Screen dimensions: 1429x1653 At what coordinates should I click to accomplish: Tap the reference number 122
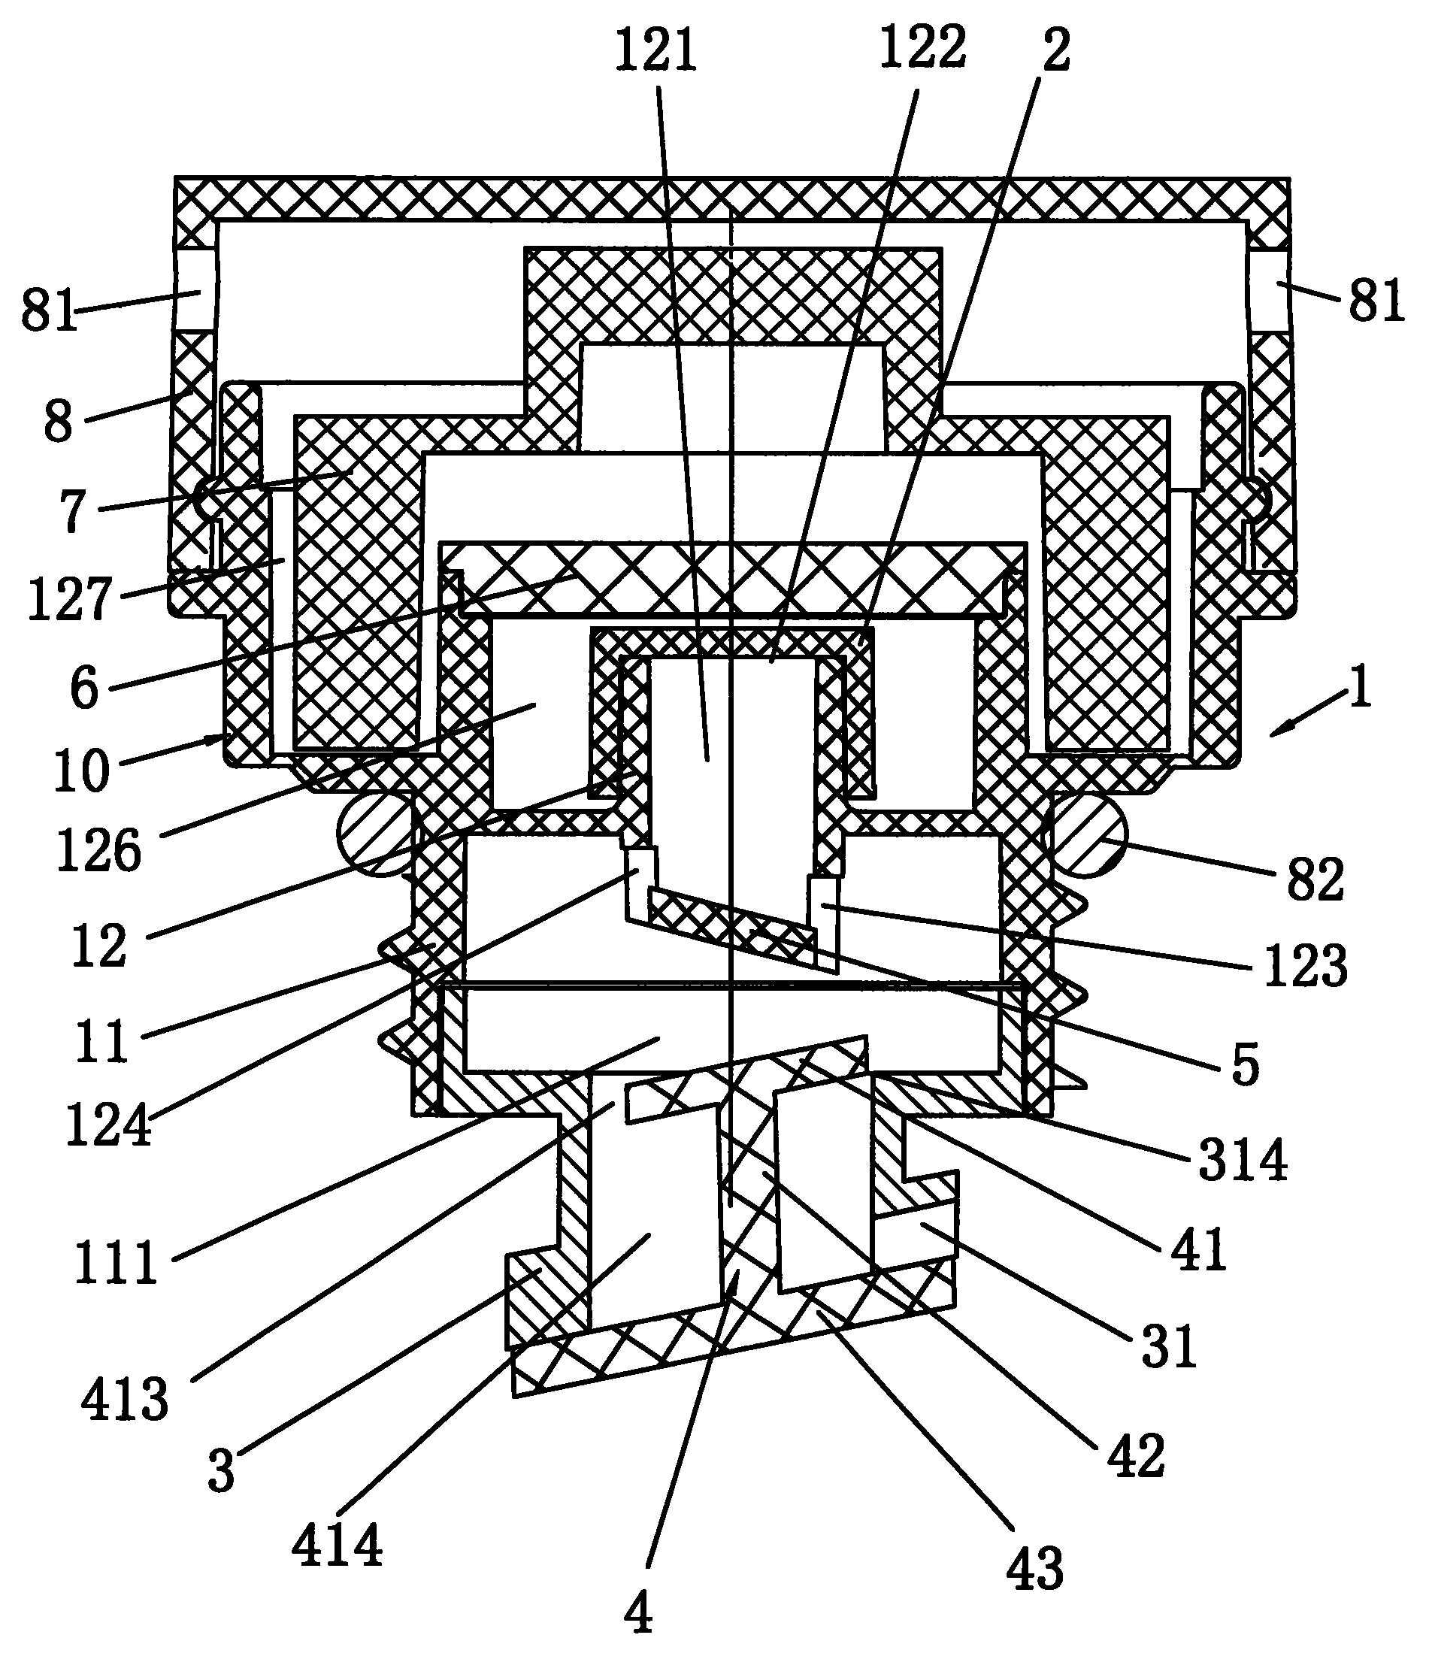pyautogui.click(x=922, y=49)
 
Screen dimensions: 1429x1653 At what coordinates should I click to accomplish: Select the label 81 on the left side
pyautogui.click(x=49, y=310)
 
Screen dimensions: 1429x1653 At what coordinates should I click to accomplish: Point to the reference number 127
pyautogui.click(x=68, y=601)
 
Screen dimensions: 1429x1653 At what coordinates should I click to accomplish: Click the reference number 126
pyautogui.click(x=99, y=851)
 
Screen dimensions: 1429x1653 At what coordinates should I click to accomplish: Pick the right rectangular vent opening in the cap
pyautogui.click(x=1269, y=289)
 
